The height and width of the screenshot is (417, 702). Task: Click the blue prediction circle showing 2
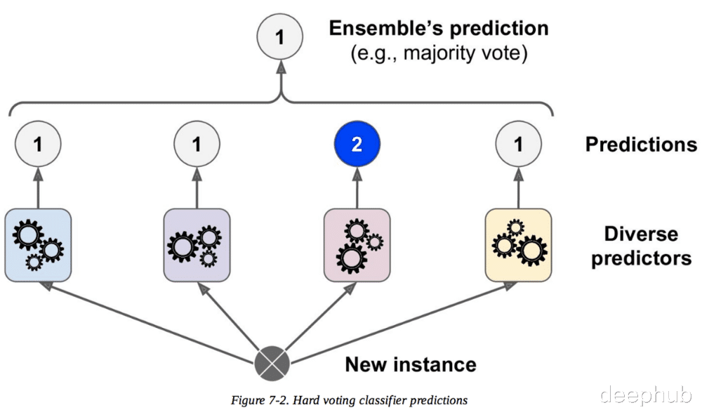coord(357,144)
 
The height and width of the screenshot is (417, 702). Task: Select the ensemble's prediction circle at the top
coord(280,37)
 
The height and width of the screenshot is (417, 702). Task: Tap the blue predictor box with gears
coord(38,245)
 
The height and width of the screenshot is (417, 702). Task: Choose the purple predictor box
coord(197,245)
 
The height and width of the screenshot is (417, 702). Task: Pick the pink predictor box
coord(357,245)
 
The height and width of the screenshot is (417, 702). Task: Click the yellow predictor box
coord(519,245)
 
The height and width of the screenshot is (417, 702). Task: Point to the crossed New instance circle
coord(272,364)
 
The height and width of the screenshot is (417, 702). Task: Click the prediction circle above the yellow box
coord(519,144)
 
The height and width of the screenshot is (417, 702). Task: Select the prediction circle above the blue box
coord(38,144)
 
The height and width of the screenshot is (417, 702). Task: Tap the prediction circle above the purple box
coord(197,144)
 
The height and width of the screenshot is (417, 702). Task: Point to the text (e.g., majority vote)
coord(439,53)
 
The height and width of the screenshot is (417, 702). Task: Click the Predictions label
coord(641,144)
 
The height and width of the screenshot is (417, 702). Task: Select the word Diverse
coord(641,234)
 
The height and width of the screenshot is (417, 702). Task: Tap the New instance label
coord(411,364)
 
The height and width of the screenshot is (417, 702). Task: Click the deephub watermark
coord(646,395)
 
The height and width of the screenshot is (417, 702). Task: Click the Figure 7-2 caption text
coord(349,400)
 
